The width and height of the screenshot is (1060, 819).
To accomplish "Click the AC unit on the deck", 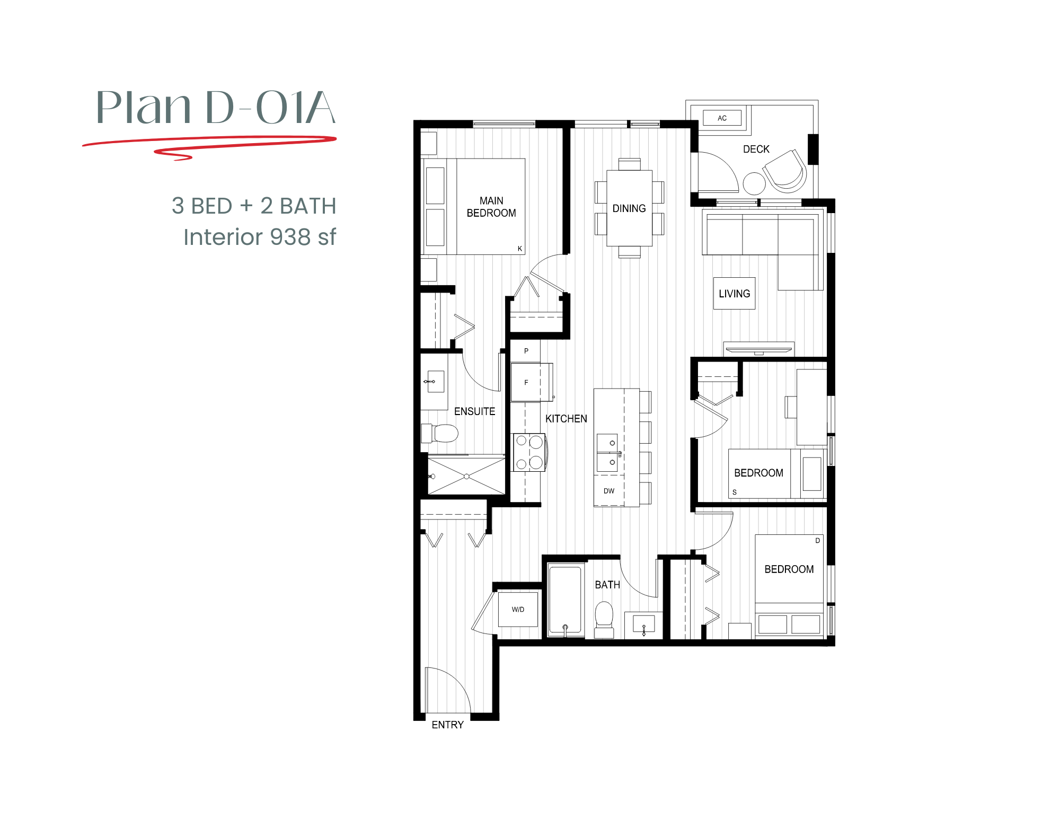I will point(722,118).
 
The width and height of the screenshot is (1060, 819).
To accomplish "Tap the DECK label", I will point(756,149).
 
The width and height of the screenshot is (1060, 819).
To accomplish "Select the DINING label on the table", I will point(629,208).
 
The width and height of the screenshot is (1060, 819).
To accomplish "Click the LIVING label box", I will point(734,294).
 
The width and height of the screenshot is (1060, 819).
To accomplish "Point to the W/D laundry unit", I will point(518,610).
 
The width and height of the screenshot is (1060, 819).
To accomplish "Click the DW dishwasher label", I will point(609,491).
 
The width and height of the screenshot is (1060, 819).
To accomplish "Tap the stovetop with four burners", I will point(529,452).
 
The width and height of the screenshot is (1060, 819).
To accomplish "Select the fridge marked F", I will point(526,382).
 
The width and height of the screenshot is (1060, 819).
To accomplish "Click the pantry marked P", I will point(526,351).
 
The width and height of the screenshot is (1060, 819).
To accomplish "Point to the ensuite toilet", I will point(441,433).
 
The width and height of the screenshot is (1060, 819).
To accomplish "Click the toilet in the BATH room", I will point(604,619).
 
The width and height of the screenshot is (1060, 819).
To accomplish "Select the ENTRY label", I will point(447,725).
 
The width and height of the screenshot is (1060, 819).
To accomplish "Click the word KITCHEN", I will point(566,419).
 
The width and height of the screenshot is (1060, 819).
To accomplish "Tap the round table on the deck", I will point(754,184).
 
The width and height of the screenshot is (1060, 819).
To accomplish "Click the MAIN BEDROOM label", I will point(491,207).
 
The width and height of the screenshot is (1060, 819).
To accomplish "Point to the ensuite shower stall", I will point(466,477).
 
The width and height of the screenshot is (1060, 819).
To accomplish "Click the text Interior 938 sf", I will point(259,237).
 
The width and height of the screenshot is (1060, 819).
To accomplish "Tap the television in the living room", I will point(759,350).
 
